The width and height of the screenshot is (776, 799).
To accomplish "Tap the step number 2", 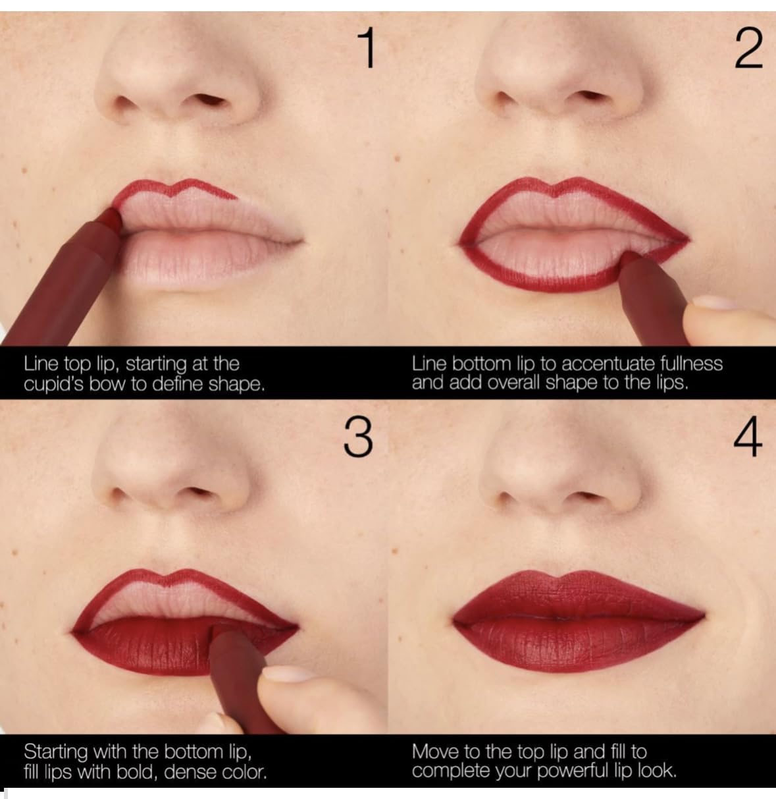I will [748, 49].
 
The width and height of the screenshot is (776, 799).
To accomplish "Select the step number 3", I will [358, 437].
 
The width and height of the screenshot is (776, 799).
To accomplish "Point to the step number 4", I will [748, 437].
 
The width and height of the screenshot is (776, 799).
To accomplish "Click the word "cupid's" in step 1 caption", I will [53, 385].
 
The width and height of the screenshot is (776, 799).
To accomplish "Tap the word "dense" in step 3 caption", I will [190, 772].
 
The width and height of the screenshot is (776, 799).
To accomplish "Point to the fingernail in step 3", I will [282, 673].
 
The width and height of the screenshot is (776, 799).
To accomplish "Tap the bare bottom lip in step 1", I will [197, 260].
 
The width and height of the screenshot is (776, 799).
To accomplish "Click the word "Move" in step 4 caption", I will [432, 752].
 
